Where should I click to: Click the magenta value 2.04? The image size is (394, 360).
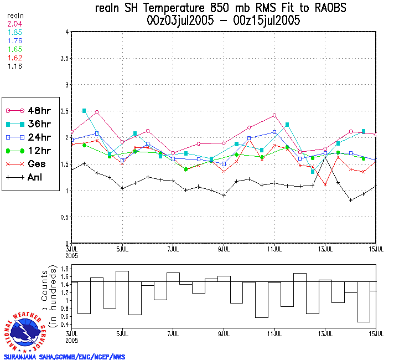pyautogui.click(x=14, y=24)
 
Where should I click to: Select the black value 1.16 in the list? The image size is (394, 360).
pyautogui.click(x=14, y=66)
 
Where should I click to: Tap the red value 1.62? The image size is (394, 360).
pyautogui.click(x=14, y=58)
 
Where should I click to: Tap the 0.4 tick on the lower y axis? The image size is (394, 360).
pyautogui.click(x=64, y=324)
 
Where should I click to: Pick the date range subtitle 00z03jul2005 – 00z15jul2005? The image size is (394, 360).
pyautogui.click(x=224, y=21)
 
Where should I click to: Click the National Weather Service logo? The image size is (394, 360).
pyautogui.click(x=24, y=332)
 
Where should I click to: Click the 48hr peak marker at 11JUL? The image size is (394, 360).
pyautogui.click(x=274, y=115)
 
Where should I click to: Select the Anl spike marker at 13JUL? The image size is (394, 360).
pyautogui.click(x=325, y=158)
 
